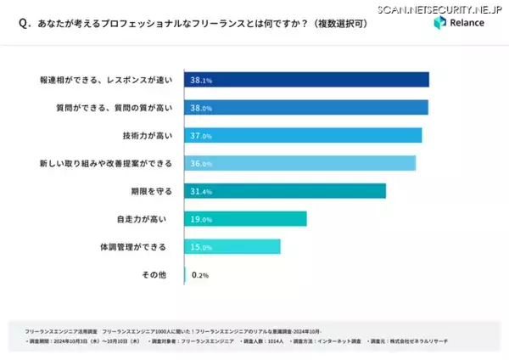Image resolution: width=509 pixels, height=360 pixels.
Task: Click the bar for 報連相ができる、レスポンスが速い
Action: click(x=310, y=80)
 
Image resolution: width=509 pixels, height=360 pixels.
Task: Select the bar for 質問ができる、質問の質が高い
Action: click(x=309, y=108)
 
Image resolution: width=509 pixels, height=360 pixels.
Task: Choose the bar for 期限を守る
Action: click(x=288, y=191)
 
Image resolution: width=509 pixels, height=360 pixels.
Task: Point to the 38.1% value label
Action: click(x=201, y=80)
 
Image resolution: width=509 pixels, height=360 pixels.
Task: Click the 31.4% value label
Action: click(x=201, y=191)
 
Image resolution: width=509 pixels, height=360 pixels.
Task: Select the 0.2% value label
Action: click(x=201, y=275)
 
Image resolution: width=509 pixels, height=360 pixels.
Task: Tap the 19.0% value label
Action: click(x=201, y=219)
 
